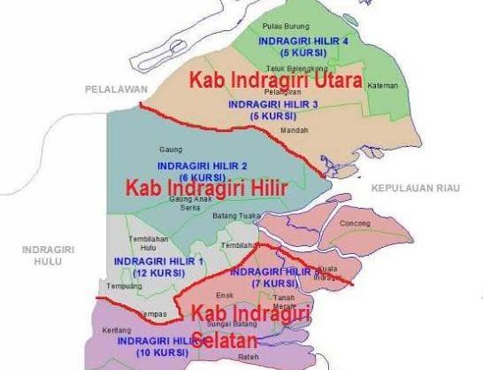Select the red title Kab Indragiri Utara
276,81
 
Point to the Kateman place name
384,86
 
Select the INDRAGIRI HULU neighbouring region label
42,257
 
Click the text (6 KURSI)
189,176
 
